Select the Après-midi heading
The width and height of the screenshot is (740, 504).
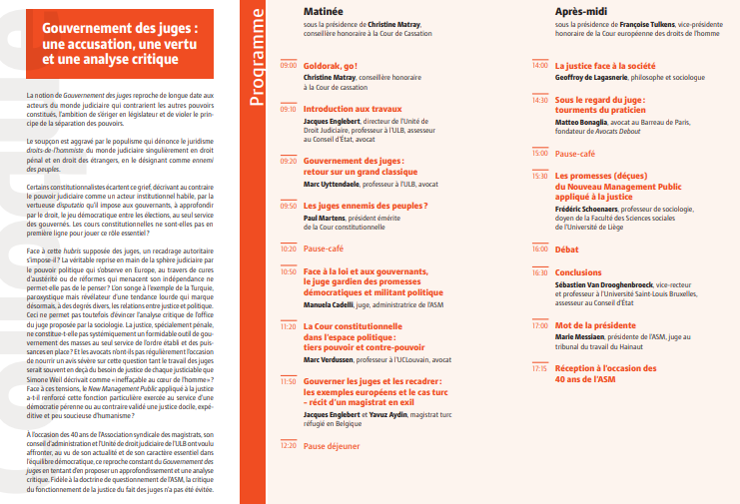tap(583, 9)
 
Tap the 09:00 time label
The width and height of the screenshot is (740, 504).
tap(288, 65)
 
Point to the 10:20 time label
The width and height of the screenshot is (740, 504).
tap(288, 248)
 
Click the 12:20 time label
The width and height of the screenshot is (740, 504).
tap(288, 474)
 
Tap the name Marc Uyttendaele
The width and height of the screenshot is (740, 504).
tap(335, 183)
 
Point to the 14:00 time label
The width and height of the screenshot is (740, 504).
tap(540, 65)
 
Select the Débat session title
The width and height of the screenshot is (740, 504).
tap(566, 249)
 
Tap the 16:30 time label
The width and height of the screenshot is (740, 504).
tap(540, 271)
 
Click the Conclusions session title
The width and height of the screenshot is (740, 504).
tap(578, 271)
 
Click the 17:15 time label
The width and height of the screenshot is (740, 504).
tap(540, 368)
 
